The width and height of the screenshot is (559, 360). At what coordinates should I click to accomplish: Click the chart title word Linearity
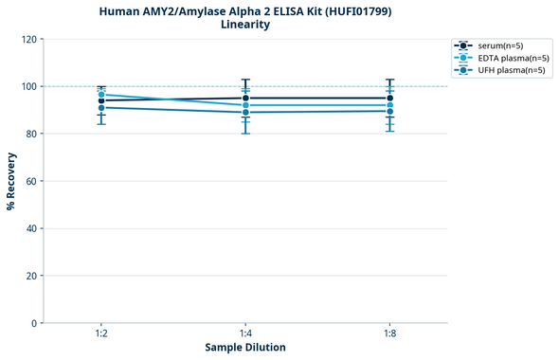[x=244, y=25]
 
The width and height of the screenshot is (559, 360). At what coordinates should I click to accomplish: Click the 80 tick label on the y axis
[x=30, y=134]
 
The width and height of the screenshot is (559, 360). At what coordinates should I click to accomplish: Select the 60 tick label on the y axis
[x=30, y=181]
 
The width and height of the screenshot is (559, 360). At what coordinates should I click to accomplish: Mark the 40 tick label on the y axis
[x=30, y=228]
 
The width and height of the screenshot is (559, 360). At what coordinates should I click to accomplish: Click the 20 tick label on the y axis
[x=30, y=276]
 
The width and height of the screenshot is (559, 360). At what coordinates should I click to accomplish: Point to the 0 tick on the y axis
[x=33, y=323]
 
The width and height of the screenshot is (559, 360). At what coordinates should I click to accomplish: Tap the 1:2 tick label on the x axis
[x=101, y=334]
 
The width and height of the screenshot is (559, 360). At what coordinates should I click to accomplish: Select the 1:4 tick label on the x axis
[x=245, y=334]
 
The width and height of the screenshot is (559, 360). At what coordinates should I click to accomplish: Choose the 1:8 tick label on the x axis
[x=389, y=334]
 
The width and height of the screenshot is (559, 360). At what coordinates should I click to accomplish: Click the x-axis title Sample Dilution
[x=245, y=348]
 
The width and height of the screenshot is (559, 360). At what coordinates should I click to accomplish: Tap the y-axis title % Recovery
[x=11, y=181]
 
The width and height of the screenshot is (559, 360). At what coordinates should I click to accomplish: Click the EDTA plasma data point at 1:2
[x=101, y=94]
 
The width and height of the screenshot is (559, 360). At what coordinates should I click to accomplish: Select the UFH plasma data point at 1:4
[x=245, y=113]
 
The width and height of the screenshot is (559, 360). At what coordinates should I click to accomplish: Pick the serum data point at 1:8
[x=389, y=99]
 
